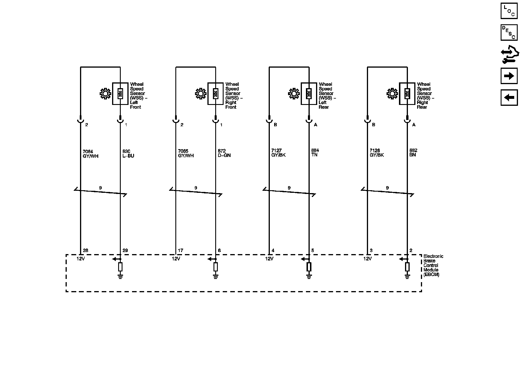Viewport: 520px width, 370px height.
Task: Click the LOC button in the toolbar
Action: tap(509, 11)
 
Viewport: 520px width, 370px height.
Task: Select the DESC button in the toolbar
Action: tap(509, 32)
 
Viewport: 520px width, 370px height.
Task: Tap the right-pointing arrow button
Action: tap(509, 76)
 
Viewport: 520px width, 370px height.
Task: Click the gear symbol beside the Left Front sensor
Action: tap(105, 94)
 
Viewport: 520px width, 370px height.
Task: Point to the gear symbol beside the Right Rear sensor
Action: tap(392, 94)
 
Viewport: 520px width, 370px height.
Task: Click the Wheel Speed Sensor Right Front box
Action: tap(215, 94)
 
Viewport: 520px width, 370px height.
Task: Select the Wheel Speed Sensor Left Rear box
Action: tap(309, 94)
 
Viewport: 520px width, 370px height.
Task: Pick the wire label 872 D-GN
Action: tap(224, 153)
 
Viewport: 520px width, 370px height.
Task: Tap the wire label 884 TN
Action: tap(315, 153)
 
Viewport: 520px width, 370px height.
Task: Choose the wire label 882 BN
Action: tap(413, 153)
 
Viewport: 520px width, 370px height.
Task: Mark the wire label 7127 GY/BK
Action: tap(278, 153)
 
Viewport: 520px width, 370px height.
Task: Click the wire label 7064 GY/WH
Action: tap(90, 153)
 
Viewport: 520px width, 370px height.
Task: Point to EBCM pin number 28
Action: tap(85, 250)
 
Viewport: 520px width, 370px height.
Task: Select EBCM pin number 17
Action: tap(181, 250)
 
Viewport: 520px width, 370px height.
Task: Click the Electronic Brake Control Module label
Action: tap(432, 265)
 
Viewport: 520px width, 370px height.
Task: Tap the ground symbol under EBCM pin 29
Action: tap(120, 277)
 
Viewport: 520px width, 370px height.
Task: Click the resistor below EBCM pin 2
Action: tap(407, 267)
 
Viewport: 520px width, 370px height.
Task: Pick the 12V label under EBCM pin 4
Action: tap(269, 259)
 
